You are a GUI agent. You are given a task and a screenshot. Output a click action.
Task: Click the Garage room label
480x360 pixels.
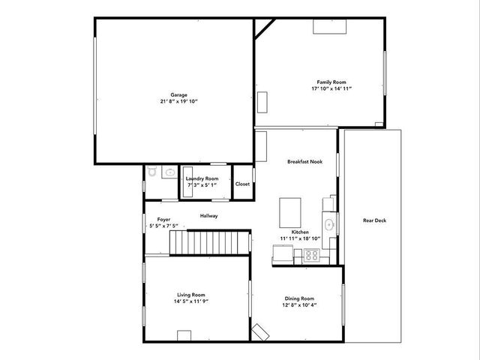[x=178, y=94]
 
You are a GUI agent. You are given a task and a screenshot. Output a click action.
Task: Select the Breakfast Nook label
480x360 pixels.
[x=305, y=161]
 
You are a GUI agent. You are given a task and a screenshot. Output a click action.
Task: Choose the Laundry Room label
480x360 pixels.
[x=202, y=178]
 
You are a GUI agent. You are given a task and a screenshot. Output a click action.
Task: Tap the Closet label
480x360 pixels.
[x=242, y=184]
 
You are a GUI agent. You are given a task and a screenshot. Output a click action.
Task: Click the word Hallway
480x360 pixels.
[x=208, y=216]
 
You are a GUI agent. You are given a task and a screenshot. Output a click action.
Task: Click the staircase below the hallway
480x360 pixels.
[x=210, y=242]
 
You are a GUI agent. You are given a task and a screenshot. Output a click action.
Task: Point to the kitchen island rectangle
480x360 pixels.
[x=291, y=211]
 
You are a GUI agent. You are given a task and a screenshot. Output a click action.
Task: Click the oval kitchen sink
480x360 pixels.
[x=328, y=224]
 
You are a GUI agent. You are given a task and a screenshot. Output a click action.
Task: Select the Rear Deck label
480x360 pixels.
[x=374, y=220]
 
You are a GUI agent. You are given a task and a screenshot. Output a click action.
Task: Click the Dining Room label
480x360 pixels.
[x=298, y=298]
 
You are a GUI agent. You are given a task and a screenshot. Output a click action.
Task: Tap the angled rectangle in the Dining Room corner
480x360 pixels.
[x=260, y=331]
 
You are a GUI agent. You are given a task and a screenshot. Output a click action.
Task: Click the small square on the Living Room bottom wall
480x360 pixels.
[x=184, y=334]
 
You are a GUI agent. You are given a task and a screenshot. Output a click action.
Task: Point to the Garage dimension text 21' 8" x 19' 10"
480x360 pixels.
[x=178, y=101]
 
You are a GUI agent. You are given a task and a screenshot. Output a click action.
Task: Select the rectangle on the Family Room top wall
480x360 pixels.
[x=329, y=26]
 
